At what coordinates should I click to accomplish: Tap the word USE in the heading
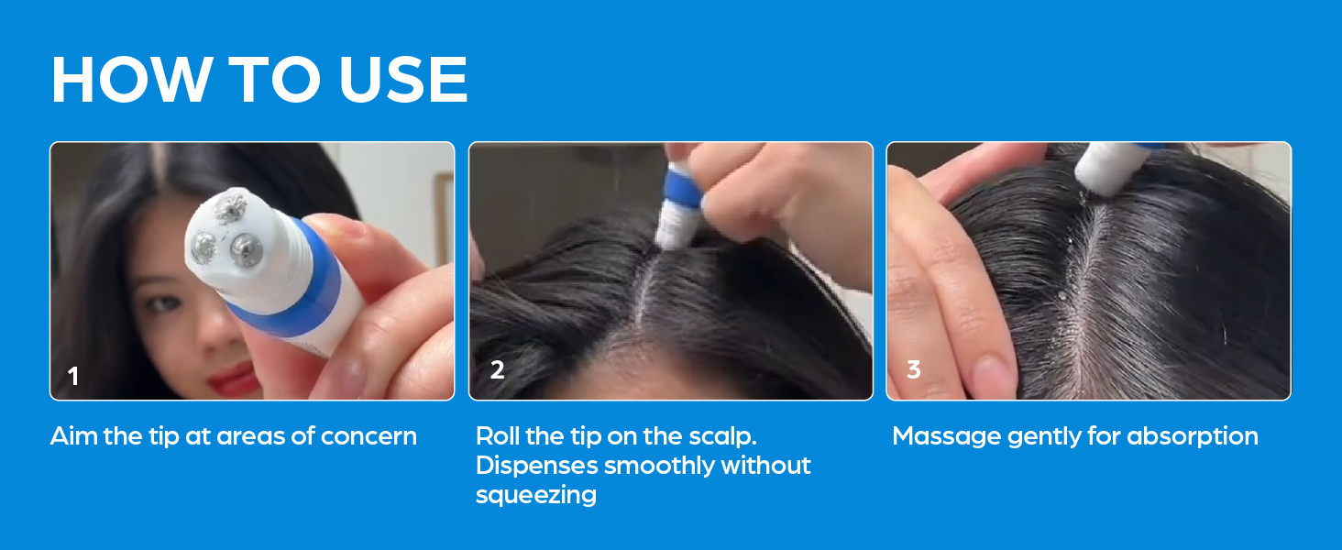point(403,79)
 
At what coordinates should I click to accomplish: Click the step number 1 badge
point(73,376)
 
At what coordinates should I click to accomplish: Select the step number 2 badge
point(497,369)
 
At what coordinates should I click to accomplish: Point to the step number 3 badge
point(914,369)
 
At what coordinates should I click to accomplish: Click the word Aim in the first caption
point(74,436)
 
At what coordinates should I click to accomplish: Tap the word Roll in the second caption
point(497,436)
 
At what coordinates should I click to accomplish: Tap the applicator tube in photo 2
point(680,203)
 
